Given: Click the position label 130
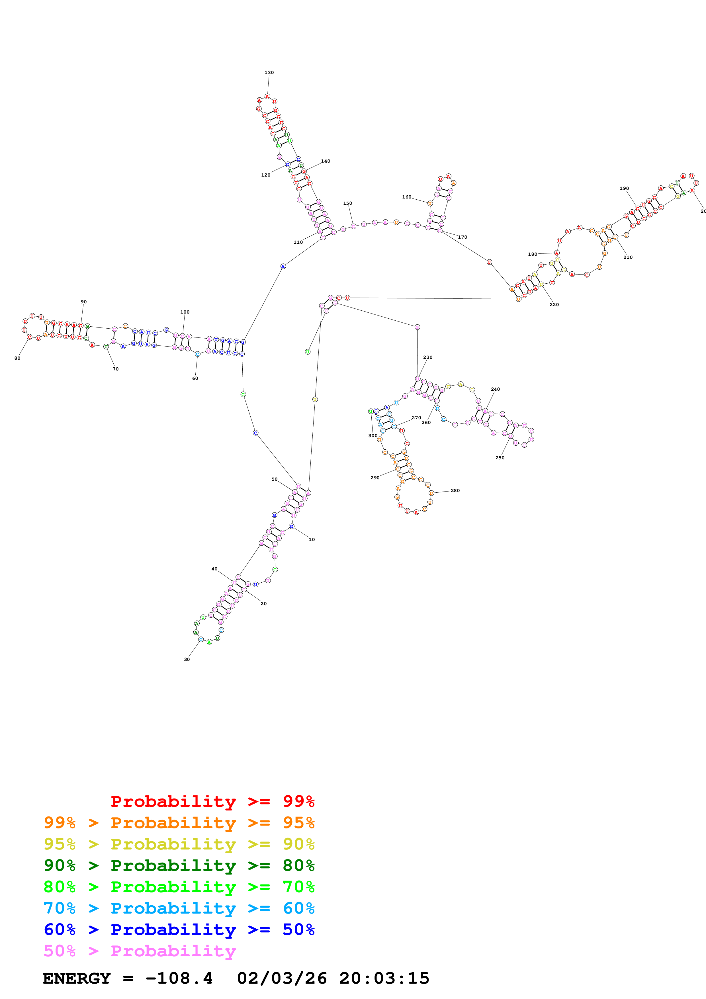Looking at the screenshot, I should click(x=269, y=73).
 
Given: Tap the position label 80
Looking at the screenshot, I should click(x=17, y=358).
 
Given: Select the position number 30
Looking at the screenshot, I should click(x=187, y=659).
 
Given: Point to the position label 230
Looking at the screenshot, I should click(x=427, y=357).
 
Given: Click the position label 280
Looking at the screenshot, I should click(x=455, y=490).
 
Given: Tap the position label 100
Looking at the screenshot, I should click(x=185, y=312).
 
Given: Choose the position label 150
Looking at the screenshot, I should click(x=347, y=203).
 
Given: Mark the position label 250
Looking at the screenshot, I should click(x=500, y=458).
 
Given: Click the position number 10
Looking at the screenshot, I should click(x=312, y=540).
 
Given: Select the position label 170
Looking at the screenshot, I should click(x=463, y=237).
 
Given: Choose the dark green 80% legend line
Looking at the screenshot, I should click(x=179, y=865).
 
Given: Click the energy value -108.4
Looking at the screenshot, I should click(x=179, y=978).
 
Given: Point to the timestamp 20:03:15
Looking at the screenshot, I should click(x=384, y=978).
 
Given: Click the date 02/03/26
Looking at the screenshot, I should click(x=282, y=978).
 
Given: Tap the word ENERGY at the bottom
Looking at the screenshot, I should click(x=77, y=978).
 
